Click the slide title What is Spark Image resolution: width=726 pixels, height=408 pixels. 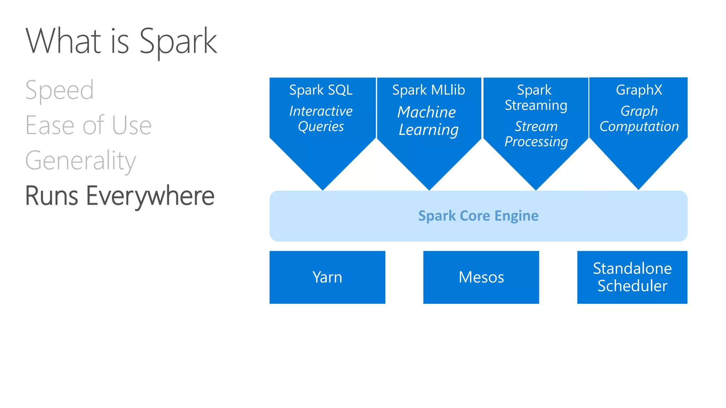pyautogui.click(x=121, y=41)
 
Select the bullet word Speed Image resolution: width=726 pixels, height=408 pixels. pyautogui.click(x=60, y=90)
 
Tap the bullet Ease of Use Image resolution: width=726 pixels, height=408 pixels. pyautogui.click(x=88, y=125)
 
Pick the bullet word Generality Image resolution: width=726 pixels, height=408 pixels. pyautogui.click(x=80, y=160)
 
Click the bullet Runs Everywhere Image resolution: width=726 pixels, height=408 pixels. pyautogui.click(x=120, y=195)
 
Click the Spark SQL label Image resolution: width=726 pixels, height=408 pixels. pyautogui.click(x=321, y=90)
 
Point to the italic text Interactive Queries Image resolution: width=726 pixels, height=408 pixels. pyautogui.click(x=321, y=119)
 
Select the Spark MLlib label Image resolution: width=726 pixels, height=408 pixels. pyautogui.click(x=428, y=90)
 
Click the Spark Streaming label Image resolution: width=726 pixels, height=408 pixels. pyautogui.click(x=536, y=97)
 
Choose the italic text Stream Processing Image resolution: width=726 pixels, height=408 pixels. pyautogui.click(x=536, y=134)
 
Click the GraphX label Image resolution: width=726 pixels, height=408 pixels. pyautogui.click(x=639, y=90)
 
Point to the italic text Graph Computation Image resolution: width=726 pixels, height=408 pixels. pyautogui.click(x=639, y=119)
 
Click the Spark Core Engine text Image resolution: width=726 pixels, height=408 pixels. pyautogui.click(x=478, y=216)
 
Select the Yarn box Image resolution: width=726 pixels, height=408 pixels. pyautogui.click(x=327, y=277)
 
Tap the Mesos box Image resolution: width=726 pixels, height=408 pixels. pyautogui.click(x=481, y=277)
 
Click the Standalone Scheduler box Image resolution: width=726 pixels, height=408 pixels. pyautogui.click(x=632, y=277)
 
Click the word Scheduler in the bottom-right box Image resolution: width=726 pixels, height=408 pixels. pyautogui.click(x=632, y=286)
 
